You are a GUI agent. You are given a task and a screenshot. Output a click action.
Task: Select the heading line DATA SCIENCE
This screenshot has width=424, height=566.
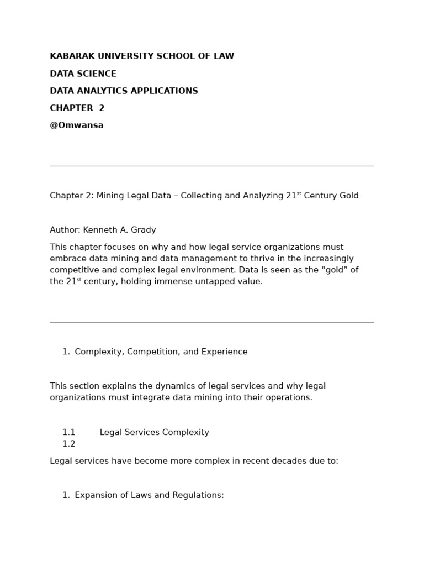coord(83,74)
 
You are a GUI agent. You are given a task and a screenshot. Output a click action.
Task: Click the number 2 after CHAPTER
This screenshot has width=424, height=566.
coord(102,108)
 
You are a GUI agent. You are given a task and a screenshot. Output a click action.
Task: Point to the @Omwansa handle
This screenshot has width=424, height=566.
coord(77,125)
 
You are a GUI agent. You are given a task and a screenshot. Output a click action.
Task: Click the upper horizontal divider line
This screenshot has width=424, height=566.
coord(211,166)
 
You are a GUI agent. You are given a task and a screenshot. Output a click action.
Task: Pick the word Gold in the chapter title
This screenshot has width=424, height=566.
coord(347,196)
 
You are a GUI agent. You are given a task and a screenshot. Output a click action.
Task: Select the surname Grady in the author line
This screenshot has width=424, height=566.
coord(143,230)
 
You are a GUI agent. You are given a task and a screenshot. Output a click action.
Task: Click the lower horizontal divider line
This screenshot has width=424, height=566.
coord(211,322)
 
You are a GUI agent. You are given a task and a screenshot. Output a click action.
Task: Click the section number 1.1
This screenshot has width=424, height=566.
coord(68,433)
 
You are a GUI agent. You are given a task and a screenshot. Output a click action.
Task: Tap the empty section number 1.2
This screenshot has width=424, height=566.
coord(68,444)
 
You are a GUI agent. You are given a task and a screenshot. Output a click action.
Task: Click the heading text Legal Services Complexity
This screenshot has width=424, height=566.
coord(154,433)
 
